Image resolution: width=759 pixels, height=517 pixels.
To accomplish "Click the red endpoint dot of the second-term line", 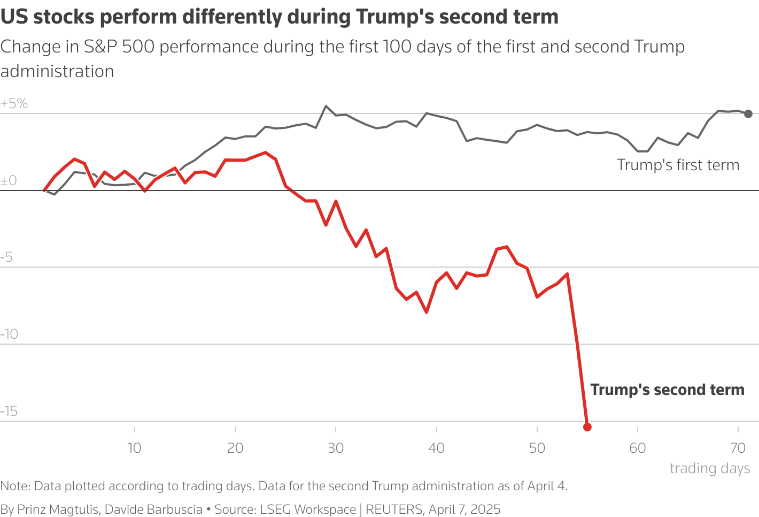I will pyautogui.click(x=587, y=427).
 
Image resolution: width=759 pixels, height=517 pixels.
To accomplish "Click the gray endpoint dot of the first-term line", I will pyautogui.click(x=748, y=113).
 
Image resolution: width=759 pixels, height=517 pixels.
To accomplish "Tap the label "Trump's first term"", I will pyautogui.click(x=678, y=165).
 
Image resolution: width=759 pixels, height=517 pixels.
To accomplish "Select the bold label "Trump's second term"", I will pyautogui.click(x=667, y=390).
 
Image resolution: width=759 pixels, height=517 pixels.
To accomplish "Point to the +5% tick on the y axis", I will pyautogui.click(x=14, y=103).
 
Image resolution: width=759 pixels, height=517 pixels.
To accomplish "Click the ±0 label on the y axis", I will pyautogui.click(x=9, y=181).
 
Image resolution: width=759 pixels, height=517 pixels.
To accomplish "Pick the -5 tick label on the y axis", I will pyautogui.click(x=7, y=257).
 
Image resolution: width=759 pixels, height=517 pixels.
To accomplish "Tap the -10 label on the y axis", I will pyautogui.click(x=9, y=334).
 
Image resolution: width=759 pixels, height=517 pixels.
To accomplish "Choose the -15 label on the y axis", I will pyautogui.click(x=9, y=412).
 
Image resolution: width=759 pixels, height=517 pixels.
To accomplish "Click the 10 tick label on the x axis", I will pyautogui.click(x=135, y=448).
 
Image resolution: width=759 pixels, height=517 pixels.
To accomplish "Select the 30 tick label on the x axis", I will pyautogui.click(x=336, y=448).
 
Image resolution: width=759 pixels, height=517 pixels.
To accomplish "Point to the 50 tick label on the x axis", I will pyautogui.click(x=537, y=448).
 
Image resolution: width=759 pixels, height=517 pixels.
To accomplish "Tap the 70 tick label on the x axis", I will pyautogui.click(x=738, y=448).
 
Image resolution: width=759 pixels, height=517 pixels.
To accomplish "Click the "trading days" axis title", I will pyautogui.click(x=710, y=468).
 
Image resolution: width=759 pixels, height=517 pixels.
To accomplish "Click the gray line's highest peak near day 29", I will pyautogui.click(x=326, y=106).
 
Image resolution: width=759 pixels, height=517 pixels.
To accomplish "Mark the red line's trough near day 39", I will pyautogui.click(x=427, y=312).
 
